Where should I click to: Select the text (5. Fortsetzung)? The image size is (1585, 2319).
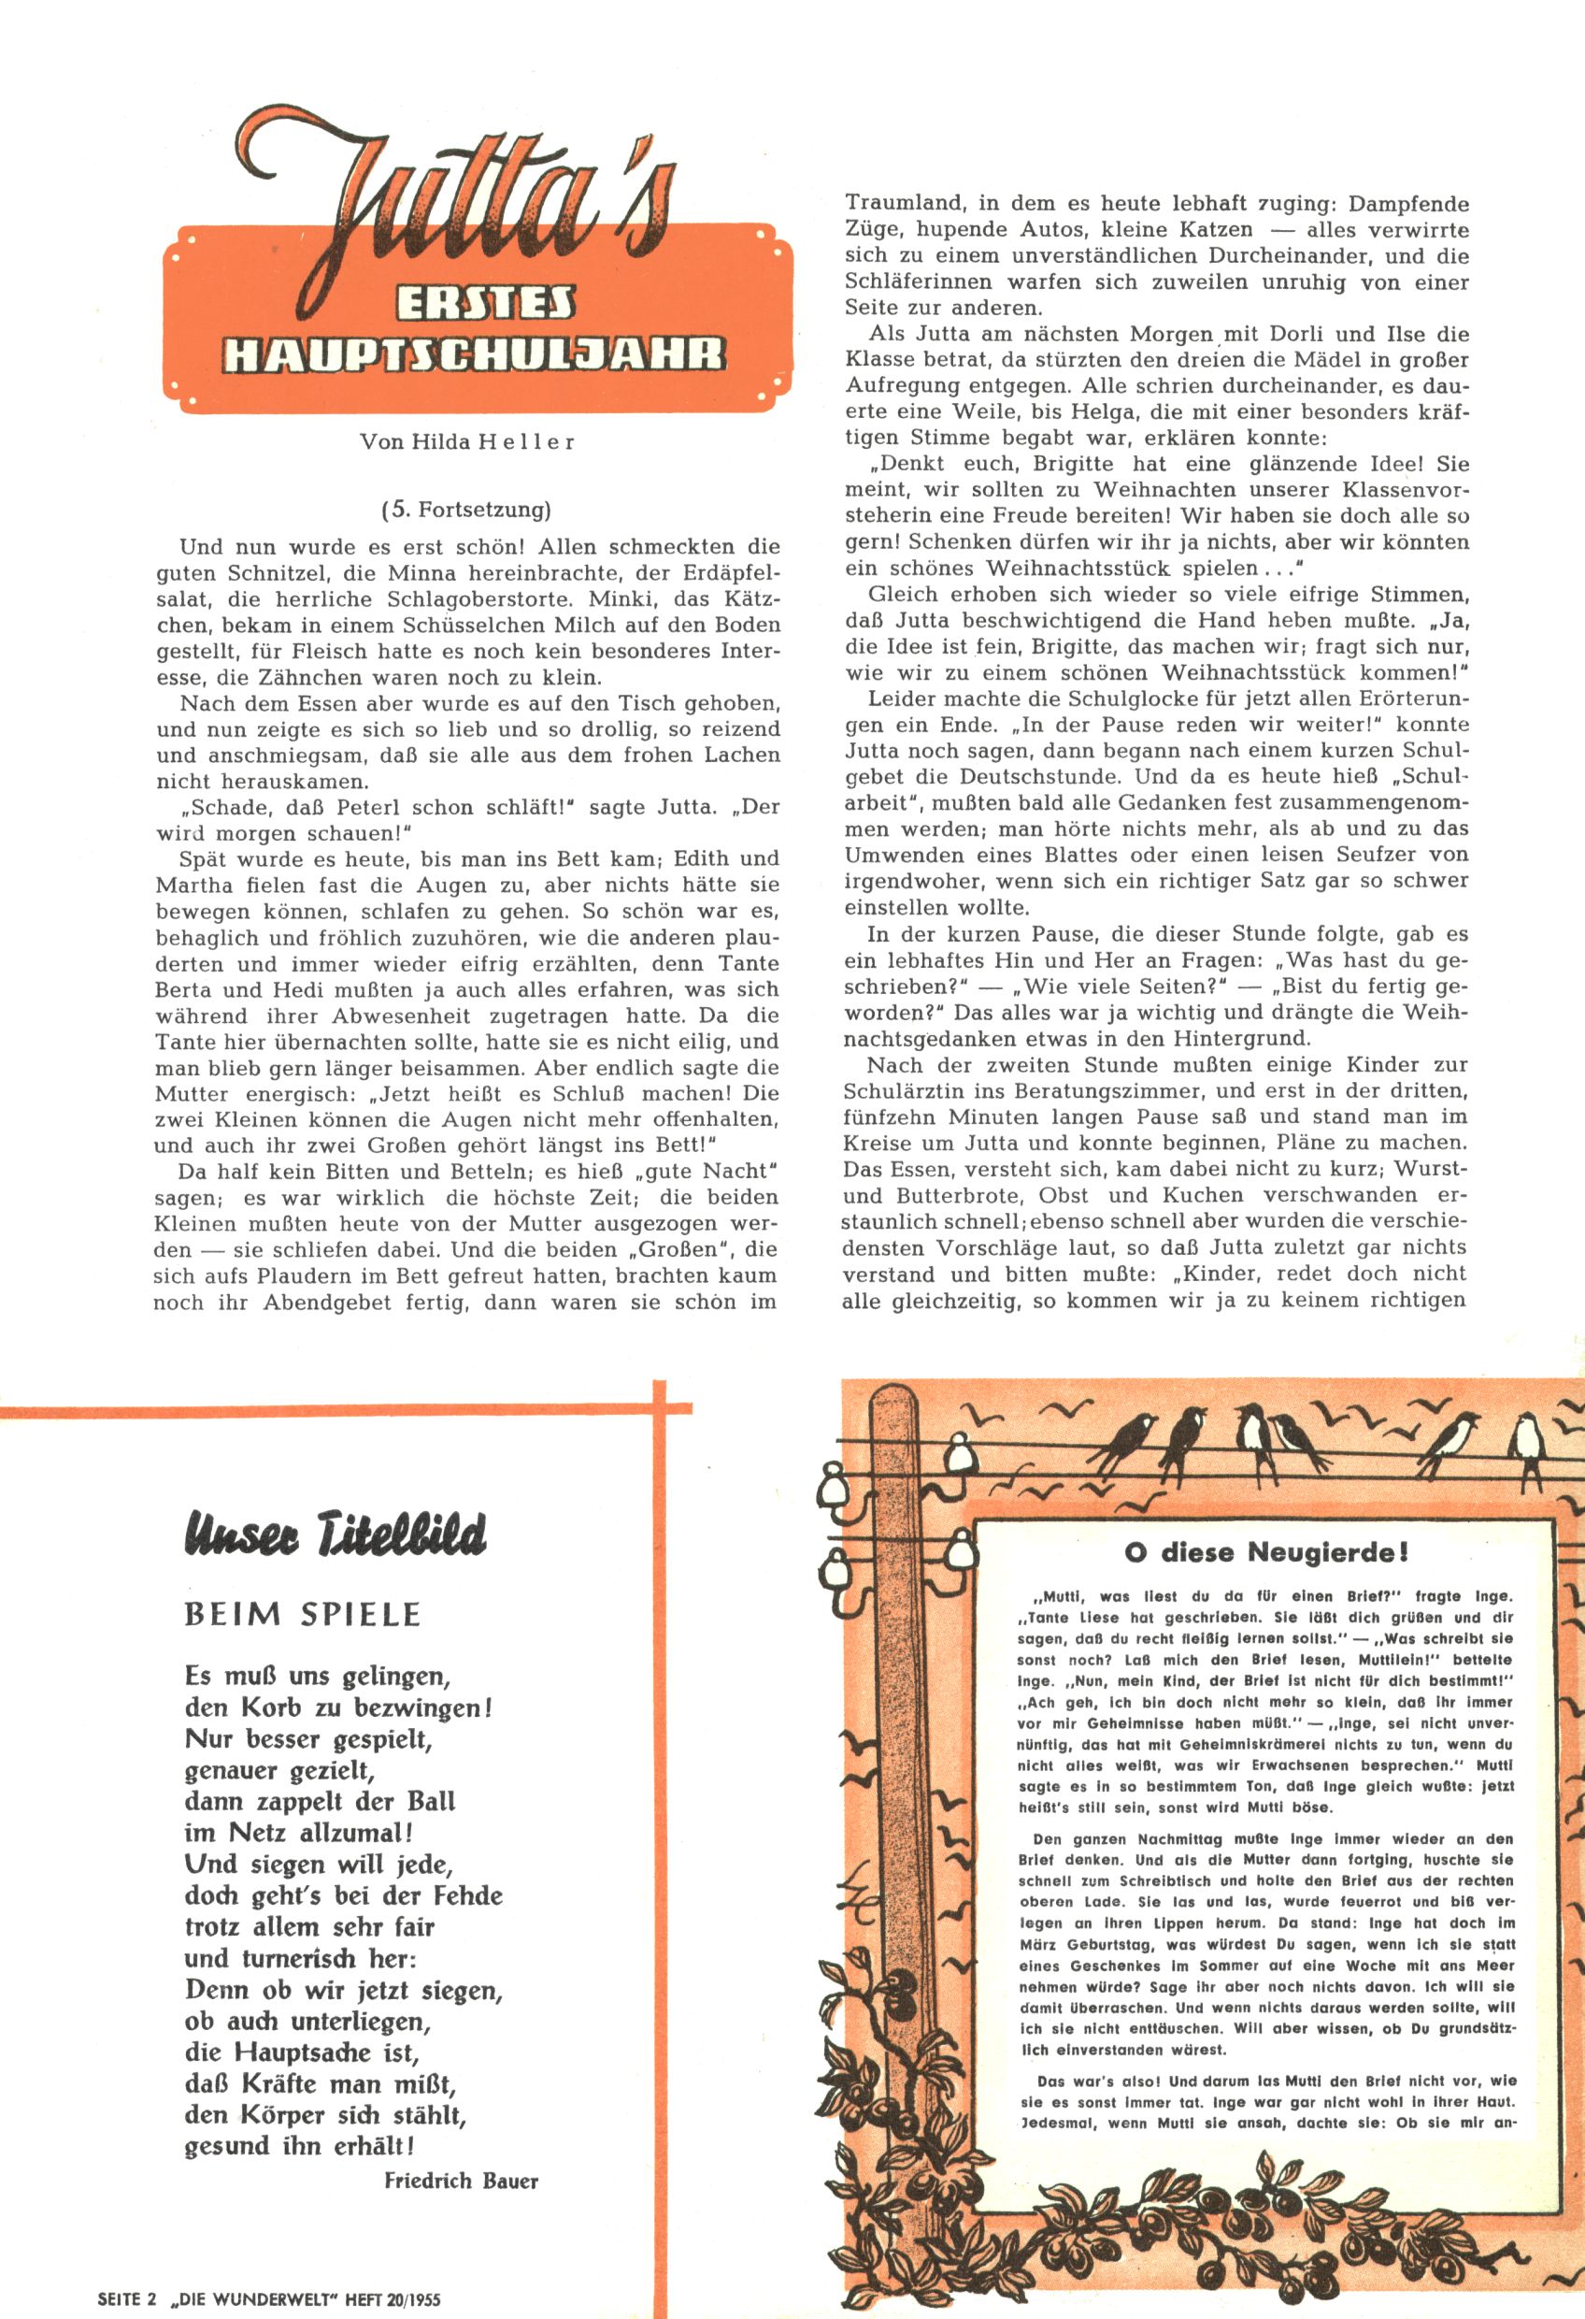(465, 510)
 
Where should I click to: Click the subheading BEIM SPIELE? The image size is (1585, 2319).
(303, 1615)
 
